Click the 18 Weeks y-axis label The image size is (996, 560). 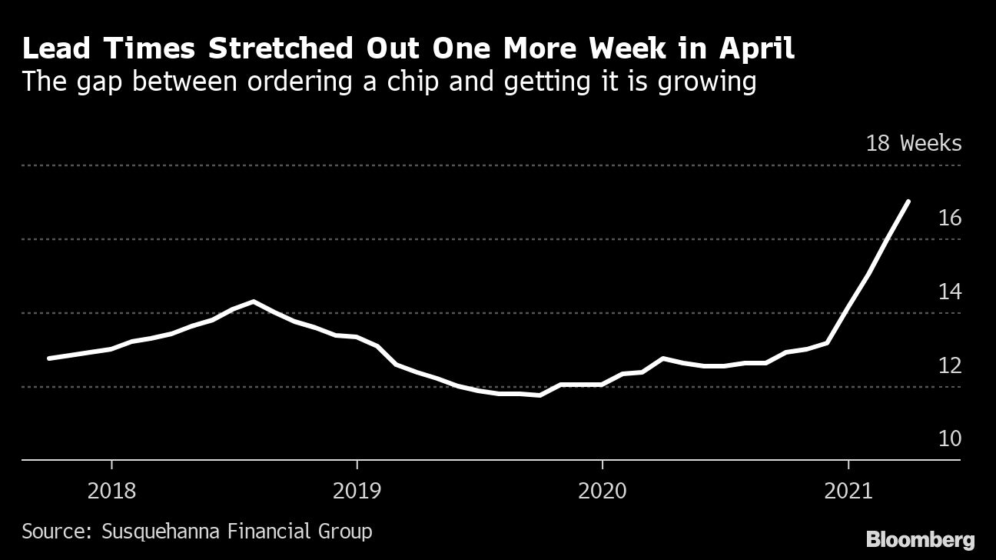point(913,143)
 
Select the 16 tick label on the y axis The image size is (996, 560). point(950,218)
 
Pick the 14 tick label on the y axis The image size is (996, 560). point(950,292)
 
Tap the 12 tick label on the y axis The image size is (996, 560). point(950,365)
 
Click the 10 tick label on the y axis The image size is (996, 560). point(950,438)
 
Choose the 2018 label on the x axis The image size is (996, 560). point(111,490)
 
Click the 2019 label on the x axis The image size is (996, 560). point(357,490)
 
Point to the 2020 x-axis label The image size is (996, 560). point(602,490)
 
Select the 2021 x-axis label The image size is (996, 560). point(848,490)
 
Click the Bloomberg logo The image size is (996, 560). point(920,538)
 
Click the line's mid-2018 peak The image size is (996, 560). point(254,302)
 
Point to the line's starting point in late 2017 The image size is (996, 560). point(49,358)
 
